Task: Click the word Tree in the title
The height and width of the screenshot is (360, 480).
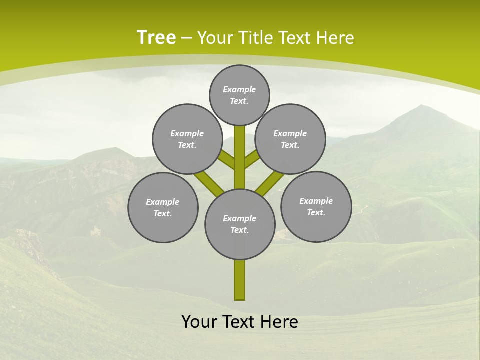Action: [156, 37]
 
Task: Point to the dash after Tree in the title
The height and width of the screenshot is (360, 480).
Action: [186, 38]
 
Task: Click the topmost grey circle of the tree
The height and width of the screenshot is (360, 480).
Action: [239, 95]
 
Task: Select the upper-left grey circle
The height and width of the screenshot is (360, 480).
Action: [187, 139]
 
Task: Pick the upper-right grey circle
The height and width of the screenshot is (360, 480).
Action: [290, 139]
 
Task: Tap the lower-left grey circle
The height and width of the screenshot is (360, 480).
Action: [163, 207]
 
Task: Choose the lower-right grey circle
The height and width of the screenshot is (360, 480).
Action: [316, 206]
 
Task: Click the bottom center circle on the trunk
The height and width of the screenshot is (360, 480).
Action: [240, 224]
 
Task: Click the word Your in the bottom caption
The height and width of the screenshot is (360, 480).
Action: [200, 322]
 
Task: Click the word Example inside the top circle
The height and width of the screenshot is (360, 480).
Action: [239, 89]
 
